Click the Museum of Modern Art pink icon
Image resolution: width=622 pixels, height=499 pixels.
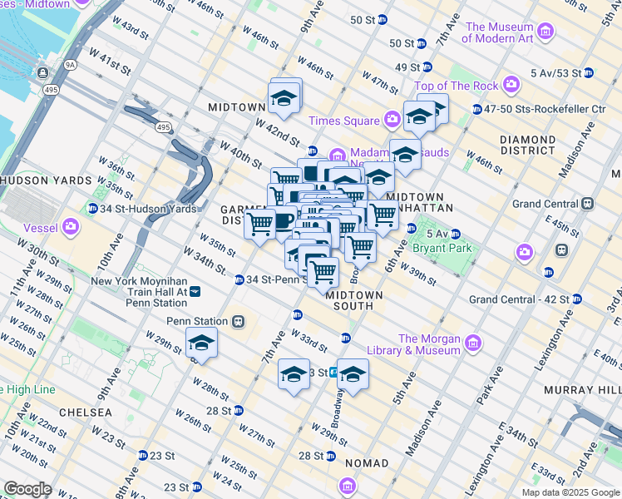click(545, 32)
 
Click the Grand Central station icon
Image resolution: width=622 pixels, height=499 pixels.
click(587, 203)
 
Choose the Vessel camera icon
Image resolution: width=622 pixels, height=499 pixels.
click(71, 225)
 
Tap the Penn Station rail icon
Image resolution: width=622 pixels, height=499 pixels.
click(238, 321)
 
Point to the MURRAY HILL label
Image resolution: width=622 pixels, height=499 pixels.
click(581, 389)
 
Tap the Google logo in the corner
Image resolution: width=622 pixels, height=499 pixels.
click(28, 489)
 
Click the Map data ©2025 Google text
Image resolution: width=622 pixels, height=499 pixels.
click(570, 492)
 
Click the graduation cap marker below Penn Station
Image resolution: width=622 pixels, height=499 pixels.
click(200, 343)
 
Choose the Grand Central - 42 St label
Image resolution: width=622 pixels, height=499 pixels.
click(519, 299)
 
